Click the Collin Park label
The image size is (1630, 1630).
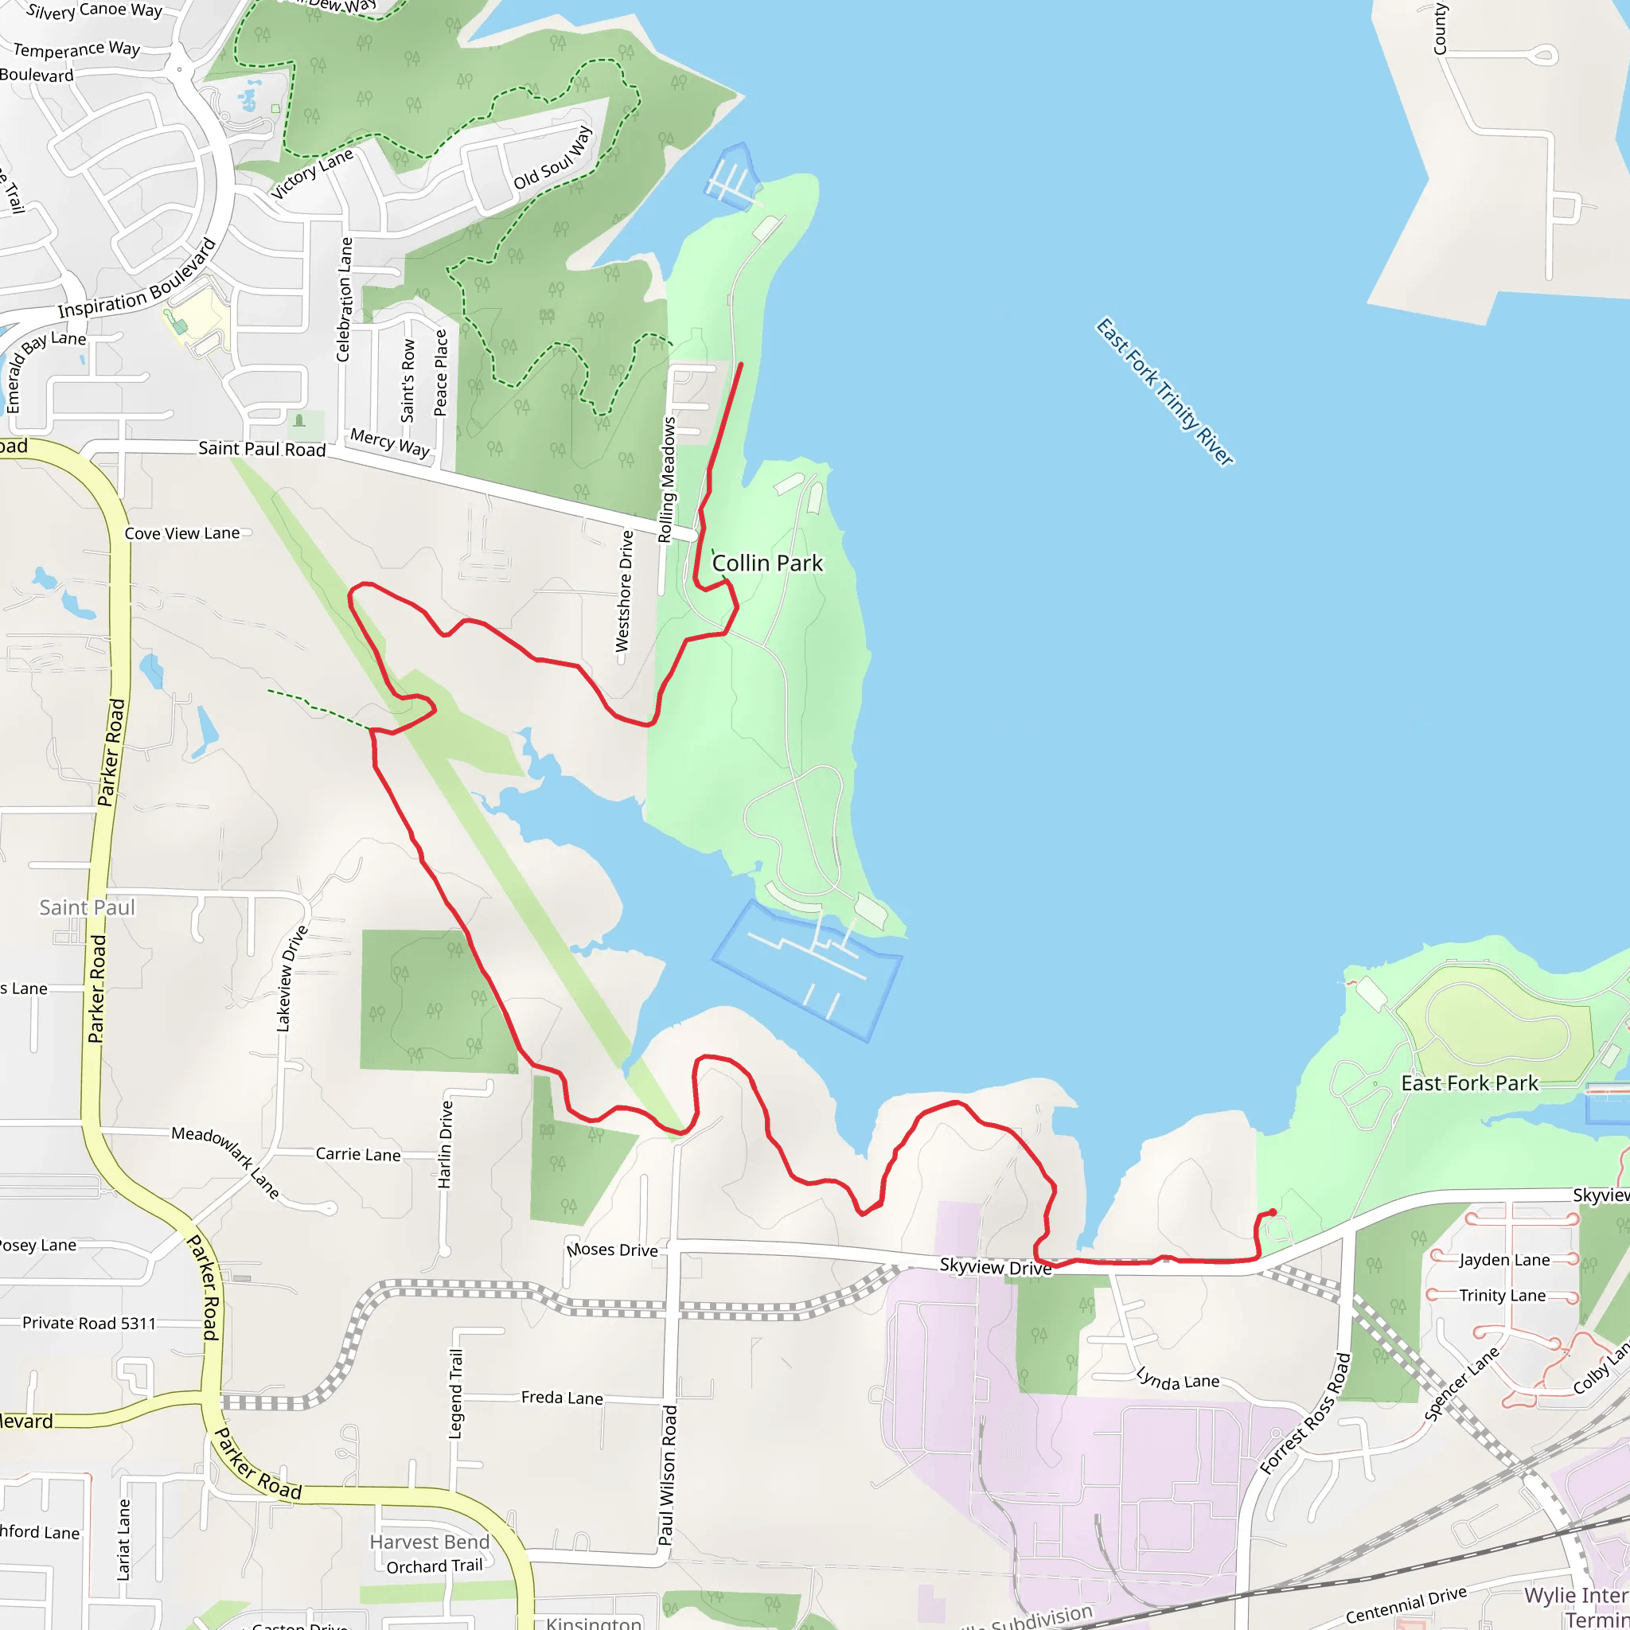[x=767, y=563]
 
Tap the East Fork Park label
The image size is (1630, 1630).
[x=1469, y=1083]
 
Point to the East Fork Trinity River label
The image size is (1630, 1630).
[x=1164, y=392]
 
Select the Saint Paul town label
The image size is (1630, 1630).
[x=87, y=907]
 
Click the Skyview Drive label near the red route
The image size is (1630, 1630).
[x=996, y=1266]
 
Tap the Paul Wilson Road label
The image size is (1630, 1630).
[x=667, y=1475]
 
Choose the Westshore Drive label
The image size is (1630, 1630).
[x=623, y=591]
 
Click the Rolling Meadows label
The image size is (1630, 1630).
[x=667, y=479]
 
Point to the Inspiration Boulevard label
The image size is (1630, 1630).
[x=138, y=282]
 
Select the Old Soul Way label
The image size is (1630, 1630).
[x=552, y=158]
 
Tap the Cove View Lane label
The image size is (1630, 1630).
[x=182, y=533]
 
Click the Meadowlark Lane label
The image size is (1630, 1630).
[x=225, y=1161]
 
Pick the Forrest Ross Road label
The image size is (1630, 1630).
[x=1305, y=1414]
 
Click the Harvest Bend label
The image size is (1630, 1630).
[x=430, y=1542]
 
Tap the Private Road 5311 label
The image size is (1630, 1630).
[x=88, y=1323]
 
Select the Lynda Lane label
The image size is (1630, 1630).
[x=1177, y=1379]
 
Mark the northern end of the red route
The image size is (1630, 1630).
[x=741, y=364]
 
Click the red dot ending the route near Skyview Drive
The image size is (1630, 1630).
[x=1273, y=1212]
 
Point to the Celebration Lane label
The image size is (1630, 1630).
[x=343, y=299]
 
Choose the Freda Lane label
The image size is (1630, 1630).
[x=562, y=1397]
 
